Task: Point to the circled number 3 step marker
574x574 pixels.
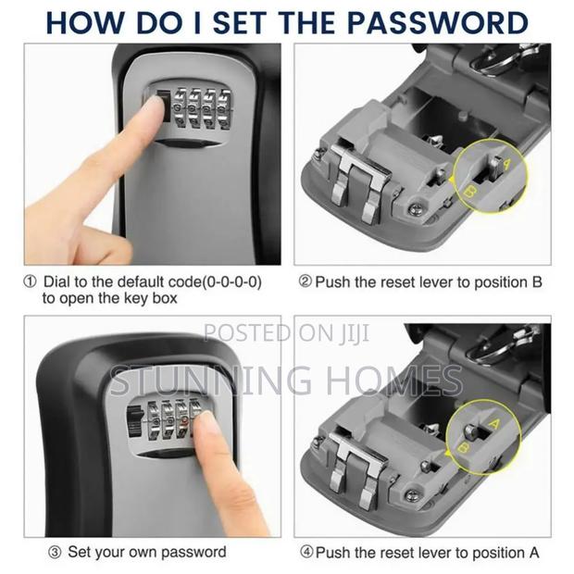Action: click(x=29, y=553)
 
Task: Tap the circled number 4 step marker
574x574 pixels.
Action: click(x=305, y=553)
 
